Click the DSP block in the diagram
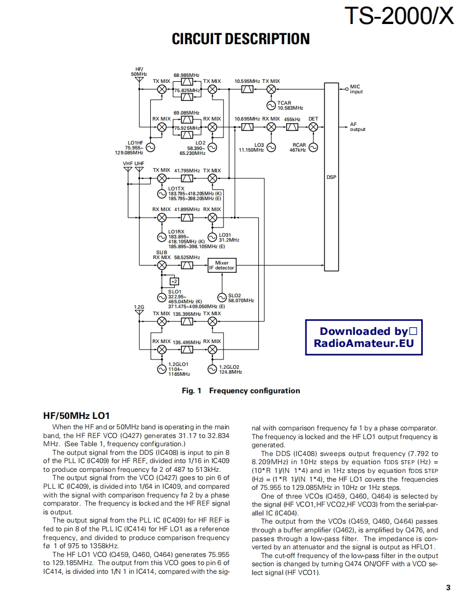332,177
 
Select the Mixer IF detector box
222,265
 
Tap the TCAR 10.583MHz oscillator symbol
271,105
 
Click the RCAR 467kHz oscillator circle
313,147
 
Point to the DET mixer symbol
313,127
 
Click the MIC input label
356,89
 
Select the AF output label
358,127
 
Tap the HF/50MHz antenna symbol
139,81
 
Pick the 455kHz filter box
292,127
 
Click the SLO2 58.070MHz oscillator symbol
222,297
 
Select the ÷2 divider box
174,281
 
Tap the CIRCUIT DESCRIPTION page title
240,39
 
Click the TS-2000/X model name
399,16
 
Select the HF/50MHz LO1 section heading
76,415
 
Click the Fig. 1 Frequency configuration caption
240,391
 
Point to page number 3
448,587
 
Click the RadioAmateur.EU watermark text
364,343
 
